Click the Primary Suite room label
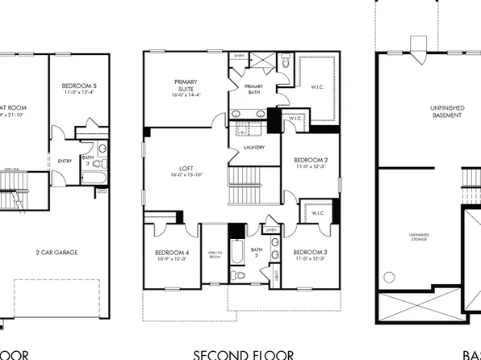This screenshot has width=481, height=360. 186,86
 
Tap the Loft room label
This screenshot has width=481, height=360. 185,171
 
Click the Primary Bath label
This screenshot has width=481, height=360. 253,90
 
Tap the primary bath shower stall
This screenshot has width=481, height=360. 262,61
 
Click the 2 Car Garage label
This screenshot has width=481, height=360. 56,253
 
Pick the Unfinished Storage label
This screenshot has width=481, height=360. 419,237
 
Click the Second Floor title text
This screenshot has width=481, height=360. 242,354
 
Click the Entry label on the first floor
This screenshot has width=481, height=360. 65,161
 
